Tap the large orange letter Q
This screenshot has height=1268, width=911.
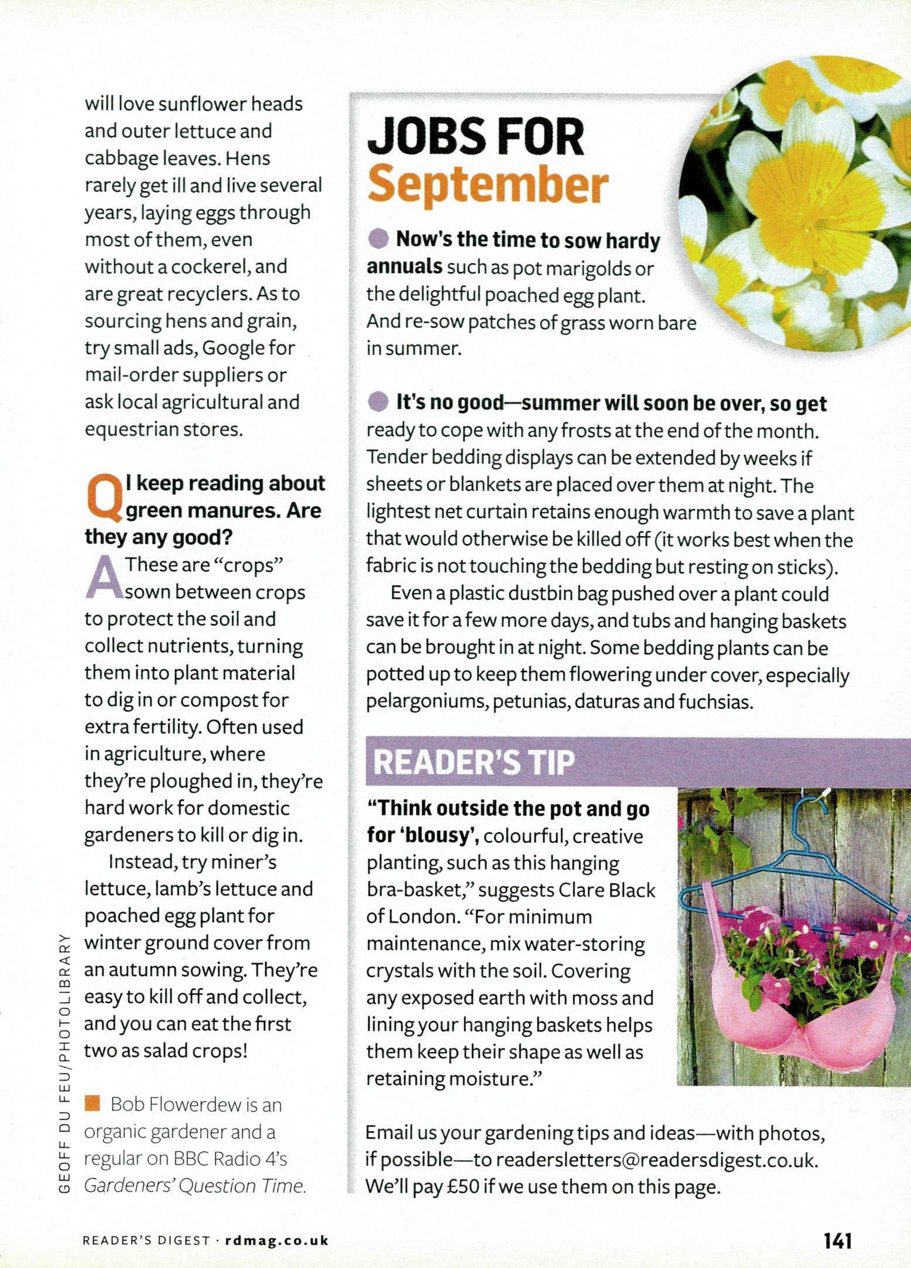point(104,498)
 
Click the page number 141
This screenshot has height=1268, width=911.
point(838,1240)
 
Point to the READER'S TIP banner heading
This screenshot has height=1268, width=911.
point(474,763)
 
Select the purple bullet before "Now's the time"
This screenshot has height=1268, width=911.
point(378,239)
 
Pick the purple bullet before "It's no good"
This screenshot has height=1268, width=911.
point(378,403)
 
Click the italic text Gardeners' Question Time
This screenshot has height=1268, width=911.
point(194,1185)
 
